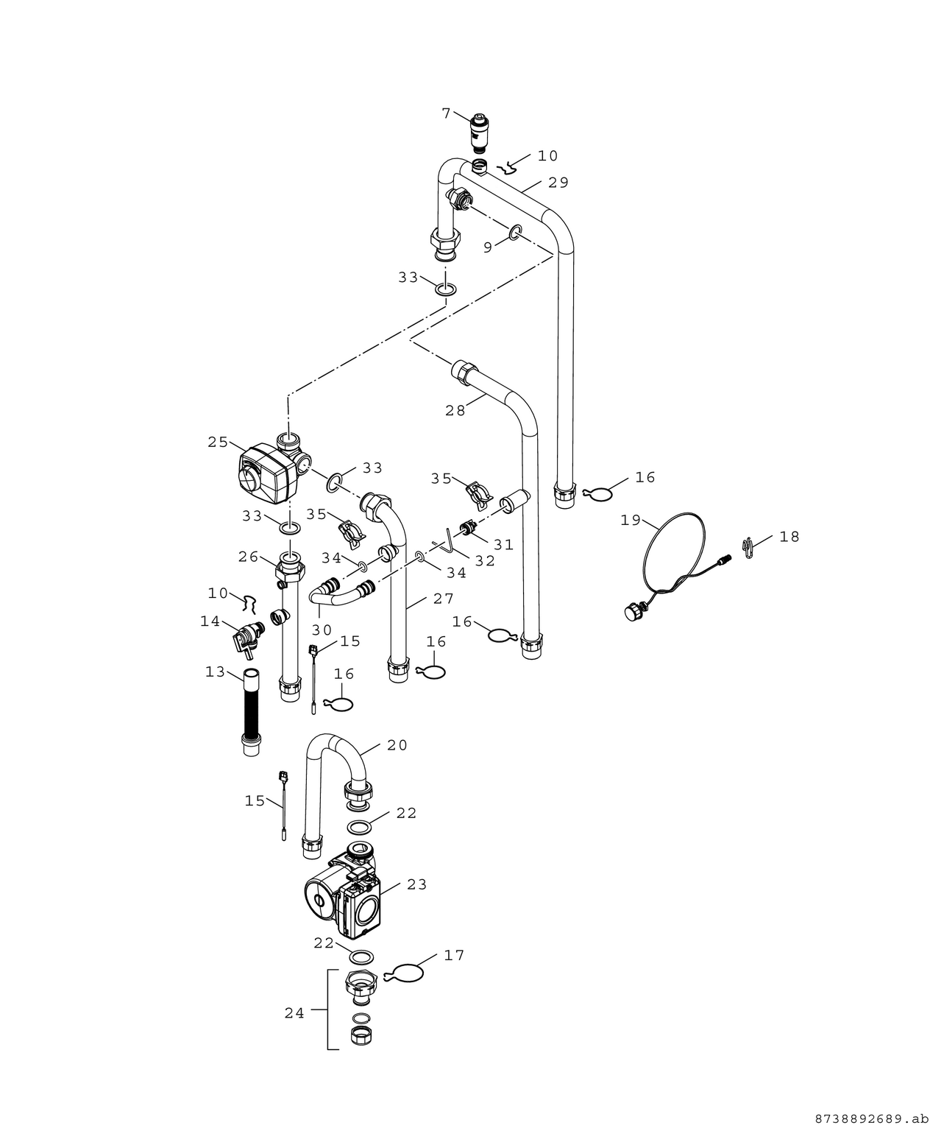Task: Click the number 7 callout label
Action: tap(446, 113)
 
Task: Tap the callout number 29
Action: tap(558, 183)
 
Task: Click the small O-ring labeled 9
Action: tap(516, 233)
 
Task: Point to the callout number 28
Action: tap(455, 411)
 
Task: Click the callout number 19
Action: tap(631, 521)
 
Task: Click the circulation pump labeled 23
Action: tap(346, 895)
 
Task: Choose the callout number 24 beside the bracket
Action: tap(294, 1013)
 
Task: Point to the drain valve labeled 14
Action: tap(244, 635)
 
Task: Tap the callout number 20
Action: tap(397, 745)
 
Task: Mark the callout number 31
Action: tap(503, 545)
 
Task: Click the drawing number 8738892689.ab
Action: tap(867, 1119)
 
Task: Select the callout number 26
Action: tap(248, 556)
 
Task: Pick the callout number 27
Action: tap(444, 599)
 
